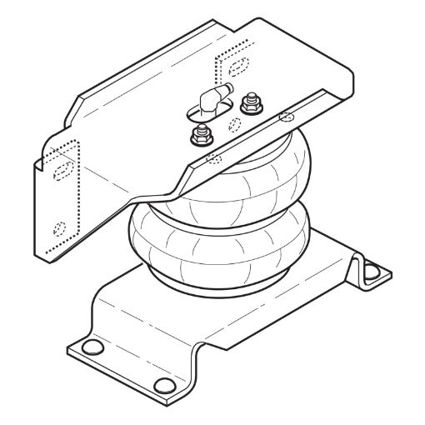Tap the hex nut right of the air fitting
247,106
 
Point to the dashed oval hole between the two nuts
234,125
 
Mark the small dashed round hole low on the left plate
58,227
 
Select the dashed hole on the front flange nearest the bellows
213,155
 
